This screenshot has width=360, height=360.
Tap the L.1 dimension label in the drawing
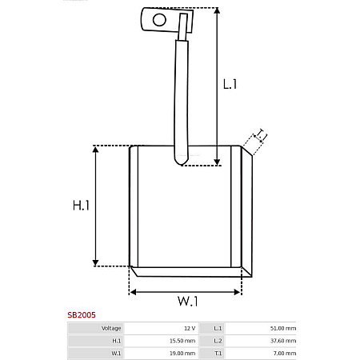(230, 84)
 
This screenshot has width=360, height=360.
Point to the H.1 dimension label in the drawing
(81, 206)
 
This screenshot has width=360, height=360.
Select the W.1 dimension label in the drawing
(187, 302)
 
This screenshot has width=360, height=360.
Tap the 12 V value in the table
(189, 328)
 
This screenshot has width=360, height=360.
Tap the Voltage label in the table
(111, 328)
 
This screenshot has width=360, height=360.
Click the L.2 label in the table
(218, 340)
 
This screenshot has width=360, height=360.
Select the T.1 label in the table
(218, 353)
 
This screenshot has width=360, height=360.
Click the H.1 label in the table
(117, 340)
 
